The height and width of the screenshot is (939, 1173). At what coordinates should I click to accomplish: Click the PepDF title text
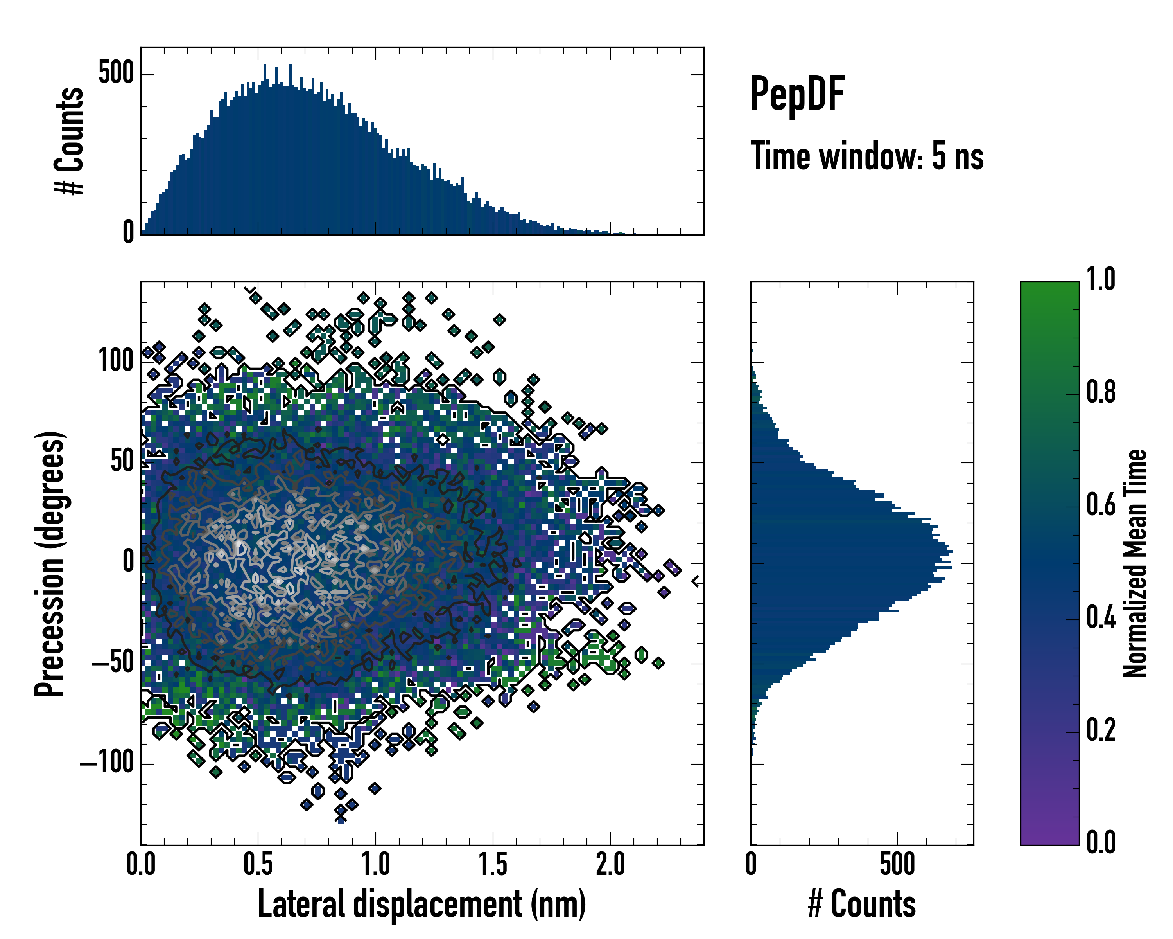coord(796,94)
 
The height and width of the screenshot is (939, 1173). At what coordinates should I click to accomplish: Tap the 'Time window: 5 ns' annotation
coord(867,156)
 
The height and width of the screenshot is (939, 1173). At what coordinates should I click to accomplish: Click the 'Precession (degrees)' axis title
coord(50,563)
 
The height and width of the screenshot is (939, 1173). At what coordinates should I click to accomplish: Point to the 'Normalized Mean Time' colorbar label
coord(1134,563)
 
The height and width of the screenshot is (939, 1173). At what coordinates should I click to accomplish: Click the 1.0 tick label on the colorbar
coord(1101,279)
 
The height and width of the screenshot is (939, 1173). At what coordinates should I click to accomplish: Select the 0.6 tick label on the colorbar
coord(1101,505)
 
